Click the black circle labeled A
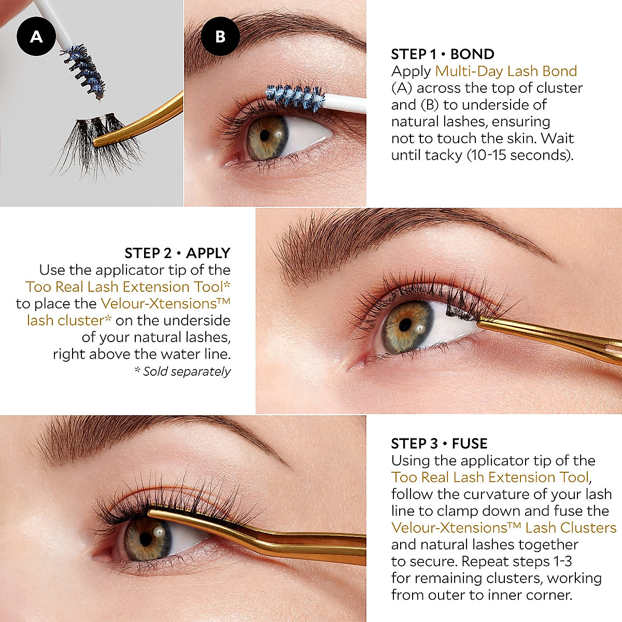pyautogui.click(x=36, y=36)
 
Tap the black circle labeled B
pyautogui.click(x=220, y=36)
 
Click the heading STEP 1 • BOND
pyautogui.click(x=442, y=54)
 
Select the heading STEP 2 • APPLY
pyautogui.click(x=177, y=253)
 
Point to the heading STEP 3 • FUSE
pyautogui.click(x=439, y=444)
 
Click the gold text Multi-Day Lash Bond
pyautogui.click(x=506, y=71)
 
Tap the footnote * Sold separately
pyautogui.click(x=182, y=371)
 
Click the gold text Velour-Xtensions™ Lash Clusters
pyautogui.click(x=504, y=528)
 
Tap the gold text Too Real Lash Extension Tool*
pyautogui.click(x=128, y=287)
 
